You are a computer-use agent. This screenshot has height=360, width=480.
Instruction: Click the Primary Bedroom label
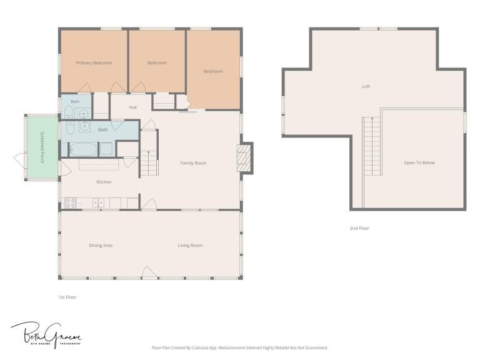coord(94,62)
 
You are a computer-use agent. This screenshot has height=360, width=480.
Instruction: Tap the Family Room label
coord(193,163)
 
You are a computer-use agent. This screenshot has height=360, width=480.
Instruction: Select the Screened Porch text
coord(42,147)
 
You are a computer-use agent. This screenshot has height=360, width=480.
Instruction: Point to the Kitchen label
coord(104,182)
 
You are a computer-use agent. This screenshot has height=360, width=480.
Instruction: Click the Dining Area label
coord(101,246)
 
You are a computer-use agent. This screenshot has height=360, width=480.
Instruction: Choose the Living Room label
coord(190,246)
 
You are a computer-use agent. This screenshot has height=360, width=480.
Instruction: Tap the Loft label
coord(366,87)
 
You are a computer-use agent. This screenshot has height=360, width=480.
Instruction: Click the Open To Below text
coord(419,163)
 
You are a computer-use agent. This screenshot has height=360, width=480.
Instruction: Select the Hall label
coord(133,107)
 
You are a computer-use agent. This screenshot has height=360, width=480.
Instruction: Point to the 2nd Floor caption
coord(359,228)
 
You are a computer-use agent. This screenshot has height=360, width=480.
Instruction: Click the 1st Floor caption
coord(67,297)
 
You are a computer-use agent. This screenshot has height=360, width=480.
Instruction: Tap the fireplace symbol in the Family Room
coord(244,158)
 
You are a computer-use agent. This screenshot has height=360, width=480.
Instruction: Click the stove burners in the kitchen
coord(71,203)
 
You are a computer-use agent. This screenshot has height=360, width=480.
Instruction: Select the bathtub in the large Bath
coord(83,149)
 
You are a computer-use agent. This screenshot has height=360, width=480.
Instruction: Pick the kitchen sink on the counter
coord(98,203)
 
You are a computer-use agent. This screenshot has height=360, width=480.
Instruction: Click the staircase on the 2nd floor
coord(372,146)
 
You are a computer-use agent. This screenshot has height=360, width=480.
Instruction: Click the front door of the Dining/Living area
coord(150,272)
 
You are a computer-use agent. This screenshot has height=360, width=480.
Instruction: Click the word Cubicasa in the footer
coord(199,348)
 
